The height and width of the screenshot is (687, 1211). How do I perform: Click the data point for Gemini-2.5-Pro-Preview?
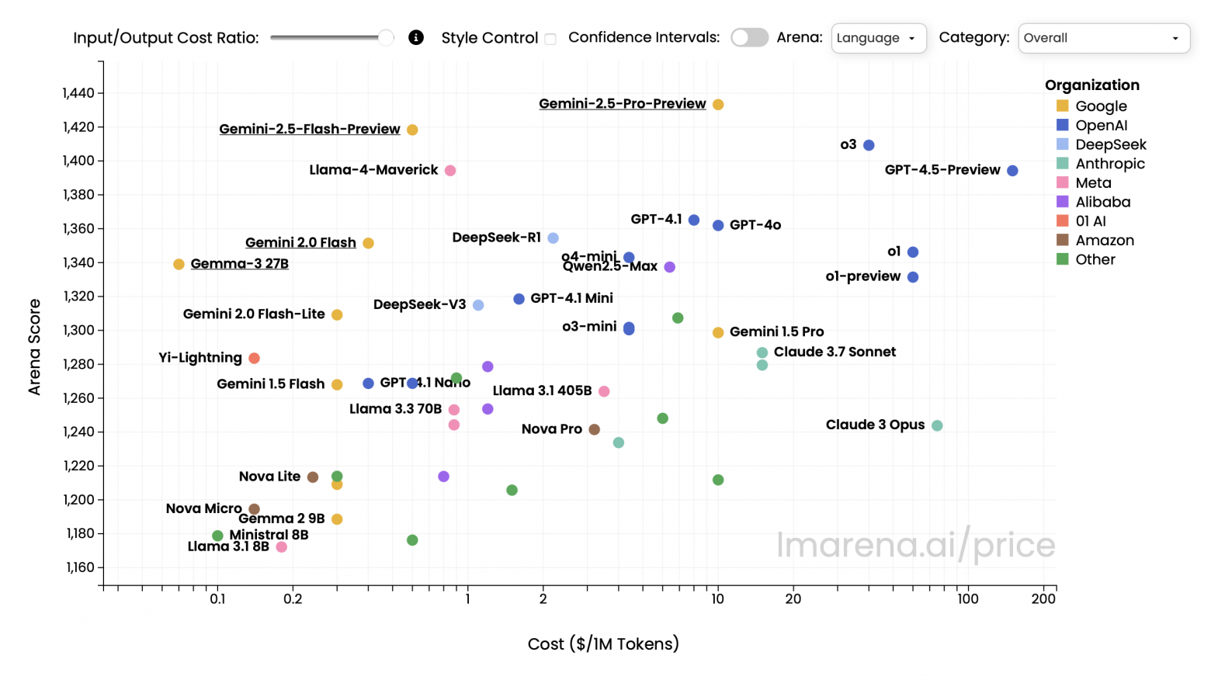click(718, 105)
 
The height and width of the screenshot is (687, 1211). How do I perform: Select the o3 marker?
click(869, 145)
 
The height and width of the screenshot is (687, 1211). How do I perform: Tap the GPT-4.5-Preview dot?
click(1012, 171)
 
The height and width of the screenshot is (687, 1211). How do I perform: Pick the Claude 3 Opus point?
click(937, 425)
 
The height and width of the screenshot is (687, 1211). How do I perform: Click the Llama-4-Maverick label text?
click(373, 170)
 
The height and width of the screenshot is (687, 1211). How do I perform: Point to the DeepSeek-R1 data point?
click(553, 238)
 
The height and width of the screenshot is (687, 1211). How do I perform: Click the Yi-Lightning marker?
click(254, 358)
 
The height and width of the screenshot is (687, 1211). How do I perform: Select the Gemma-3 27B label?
click(239, 264)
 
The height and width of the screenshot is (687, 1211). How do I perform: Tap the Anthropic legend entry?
click(1109, 164)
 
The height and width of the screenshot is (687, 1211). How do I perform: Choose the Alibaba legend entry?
click(1102, 202)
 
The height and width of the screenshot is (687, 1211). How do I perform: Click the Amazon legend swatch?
click(1063, 240)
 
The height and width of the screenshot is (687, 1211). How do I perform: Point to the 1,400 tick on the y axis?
click(78, 161)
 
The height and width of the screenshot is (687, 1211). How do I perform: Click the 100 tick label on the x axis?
click(967, 599)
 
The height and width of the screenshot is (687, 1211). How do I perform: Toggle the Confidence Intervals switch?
click(749, 37)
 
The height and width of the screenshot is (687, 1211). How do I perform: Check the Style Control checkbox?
click(550, 39)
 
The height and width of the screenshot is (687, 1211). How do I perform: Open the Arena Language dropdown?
click(878, 38)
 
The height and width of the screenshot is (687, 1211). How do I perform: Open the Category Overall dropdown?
click(1103, 38)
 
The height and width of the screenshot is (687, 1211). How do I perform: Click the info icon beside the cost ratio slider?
click(416, 37)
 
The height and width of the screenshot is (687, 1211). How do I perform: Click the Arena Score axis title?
click(34, 346)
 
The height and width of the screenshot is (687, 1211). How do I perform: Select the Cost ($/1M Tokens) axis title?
click(603, 644)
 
